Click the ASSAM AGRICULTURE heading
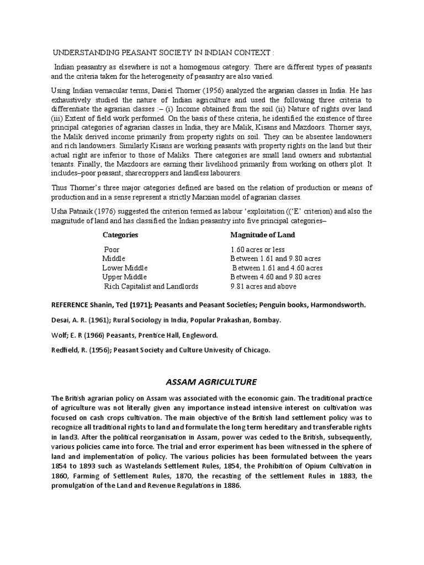212,381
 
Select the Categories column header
120,234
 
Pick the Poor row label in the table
112,249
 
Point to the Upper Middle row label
125,277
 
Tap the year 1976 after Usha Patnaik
104,211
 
